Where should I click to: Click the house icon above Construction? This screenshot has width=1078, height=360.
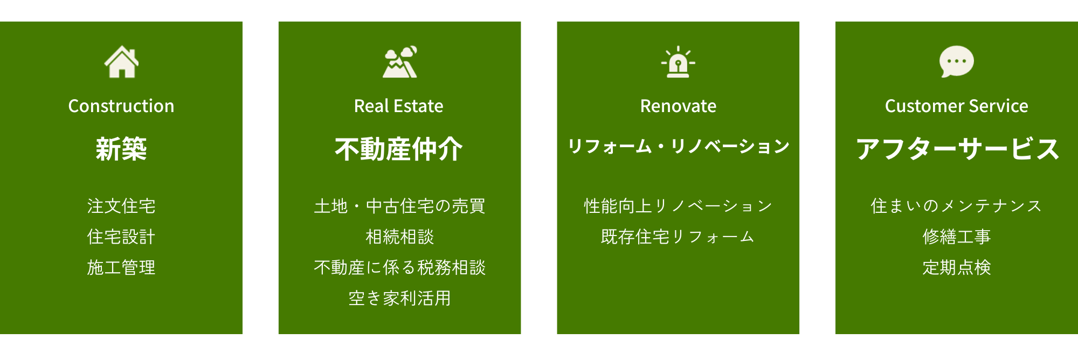(121, 62)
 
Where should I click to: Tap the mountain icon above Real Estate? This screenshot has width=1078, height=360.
(400, 62)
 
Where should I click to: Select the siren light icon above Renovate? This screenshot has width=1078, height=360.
(678, 62)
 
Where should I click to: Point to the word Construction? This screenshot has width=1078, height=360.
(121, 106)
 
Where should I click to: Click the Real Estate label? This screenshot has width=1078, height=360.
(399, 106)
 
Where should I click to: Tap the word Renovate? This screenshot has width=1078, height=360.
(678, 106)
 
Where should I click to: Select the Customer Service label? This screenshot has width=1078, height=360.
(957, 106)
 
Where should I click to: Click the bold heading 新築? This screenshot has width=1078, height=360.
(121, 149)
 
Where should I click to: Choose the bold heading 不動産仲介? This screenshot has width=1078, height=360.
(399, 149)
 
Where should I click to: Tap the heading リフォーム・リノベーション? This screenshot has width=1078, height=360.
(679, 146)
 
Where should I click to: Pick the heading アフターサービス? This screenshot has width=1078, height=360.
(958, 149)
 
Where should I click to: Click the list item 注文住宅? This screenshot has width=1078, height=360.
(121, 206)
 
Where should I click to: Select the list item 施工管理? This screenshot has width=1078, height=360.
(121, 267)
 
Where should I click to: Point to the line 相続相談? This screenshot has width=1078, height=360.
(400, 237)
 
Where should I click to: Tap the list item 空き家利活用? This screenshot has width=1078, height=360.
(400, 298)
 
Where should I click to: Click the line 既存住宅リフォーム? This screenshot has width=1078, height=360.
(678, 237)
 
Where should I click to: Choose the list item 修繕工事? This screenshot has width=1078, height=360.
(957, 237)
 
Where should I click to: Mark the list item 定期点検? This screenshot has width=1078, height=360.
(957, 267)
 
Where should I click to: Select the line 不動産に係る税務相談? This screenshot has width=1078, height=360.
(400, 267)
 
